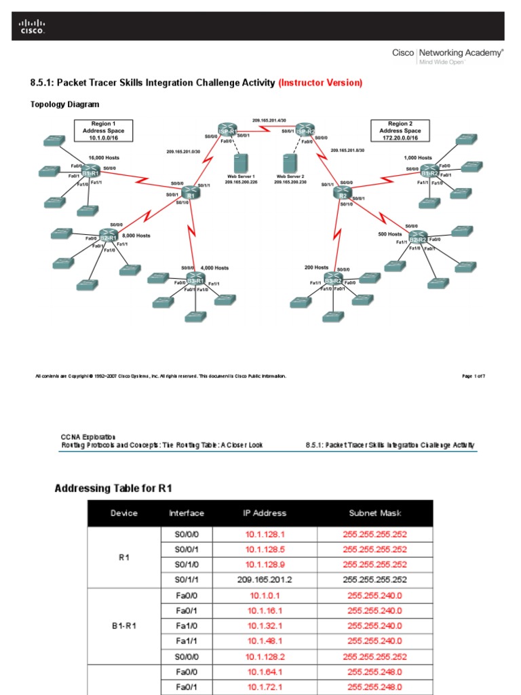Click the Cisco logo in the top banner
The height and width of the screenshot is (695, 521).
point(32,27)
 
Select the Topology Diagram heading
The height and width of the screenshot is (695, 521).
point(65,105)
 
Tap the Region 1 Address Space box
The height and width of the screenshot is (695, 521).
point(104,130)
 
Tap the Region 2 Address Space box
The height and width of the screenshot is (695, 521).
point(400,130)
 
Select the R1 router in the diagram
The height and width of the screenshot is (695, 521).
point(191,193)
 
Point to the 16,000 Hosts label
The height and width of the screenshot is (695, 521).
point(104,157)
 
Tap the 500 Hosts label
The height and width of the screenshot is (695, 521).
point(390,233)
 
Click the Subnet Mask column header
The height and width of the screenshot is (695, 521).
point(374,513)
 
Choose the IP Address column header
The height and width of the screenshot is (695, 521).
point(265,513)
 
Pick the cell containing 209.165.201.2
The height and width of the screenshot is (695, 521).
point(265,580)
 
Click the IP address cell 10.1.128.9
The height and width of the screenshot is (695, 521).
point(265,564)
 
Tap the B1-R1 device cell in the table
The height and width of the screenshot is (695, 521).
point(124,626)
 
